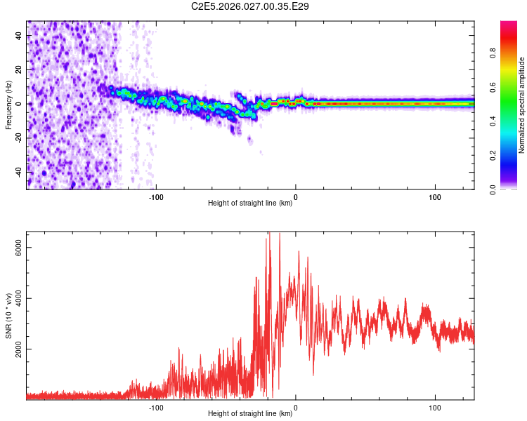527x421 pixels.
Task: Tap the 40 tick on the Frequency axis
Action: (x=19, y=36)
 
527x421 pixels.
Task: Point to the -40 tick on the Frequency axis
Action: (x=19, y=171)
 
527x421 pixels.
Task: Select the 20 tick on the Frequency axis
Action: (x=19, y=70)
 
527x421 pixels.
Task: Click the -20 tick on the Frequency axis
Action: (x=19, y=138)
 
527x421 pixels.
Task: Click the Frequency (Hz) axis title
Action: (x=8, y=105)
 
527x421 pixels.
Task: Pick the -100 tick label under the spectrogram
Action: (x=156, y=196)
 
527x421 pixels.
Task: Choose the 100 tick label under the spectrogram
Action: (x=435, y=196)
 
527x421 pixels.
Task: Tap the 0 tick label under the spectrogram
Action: (x=296, y=196)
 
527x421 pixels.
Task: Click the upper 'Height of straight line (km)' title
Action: (x=250, y=203)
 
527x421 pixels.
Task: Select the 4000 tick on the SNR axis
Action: (x=19, y=298)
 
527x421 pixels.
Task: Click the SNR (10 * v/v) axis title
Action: (x=8, y=316)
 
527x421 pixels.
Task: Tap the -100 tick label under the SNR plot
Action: (x=156, y=406)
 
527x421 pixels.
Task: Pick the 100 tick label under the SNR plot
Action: (x=435, y=406)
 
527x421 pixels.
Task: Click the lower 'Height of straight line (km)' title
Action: (x=250, y=414)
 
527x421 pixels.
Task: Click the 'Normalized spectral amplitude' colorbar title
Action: (x=522, y=105)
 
